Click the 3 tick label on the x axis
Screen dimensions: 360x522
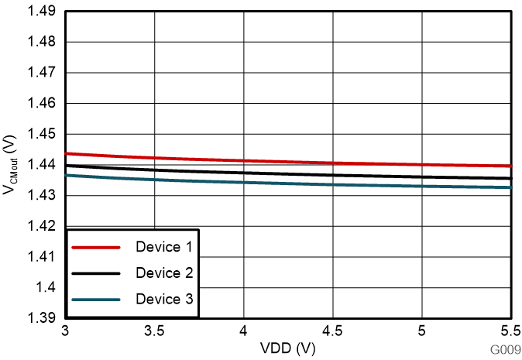[67, 331]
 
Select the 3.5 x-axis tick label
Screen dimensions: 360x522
[155, 331]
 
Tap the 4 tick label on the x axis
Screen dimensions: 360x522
[244, 331]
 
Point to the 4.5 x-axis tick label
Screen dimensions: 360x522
[333, 331]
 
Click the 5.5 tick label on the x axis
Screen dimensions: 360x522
[510, 331]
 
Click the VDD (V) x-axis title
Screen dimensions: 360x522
[288, 349]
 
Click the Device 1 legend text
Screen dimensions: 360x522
[163, 247]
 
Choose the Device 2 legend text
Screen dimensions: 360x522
[163, 273]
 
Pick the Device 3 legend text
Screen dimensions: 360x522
[163, 299]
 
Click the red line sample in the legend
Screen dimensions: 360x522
[96, 247]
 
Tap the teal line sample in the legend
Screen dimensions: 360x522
[96, 299]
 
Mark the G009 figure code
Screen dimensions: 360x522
[504, 351]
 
